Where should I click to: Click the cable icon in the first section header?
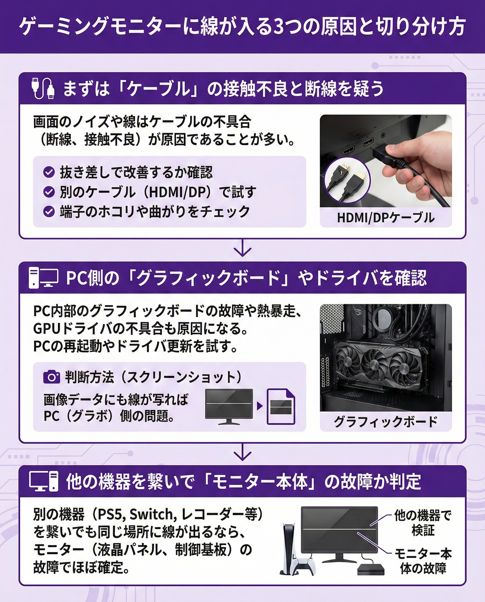tap(43, 88)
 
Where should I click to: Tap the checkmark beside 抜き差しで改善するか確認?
tap(49, 172)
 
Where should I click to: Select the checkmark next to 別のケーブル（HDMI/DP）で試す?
tap(49, 192)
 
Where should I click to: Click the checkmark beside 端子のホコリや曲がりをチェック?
tap(49, 211)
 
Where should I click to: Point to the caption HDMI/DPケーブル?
tap(385, 218)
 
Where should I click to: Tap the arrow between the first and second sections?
tap(242, 248)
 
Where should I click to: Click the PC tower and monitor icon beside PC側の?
tap(44, 278)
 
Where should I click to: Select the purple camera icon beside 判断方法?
tap(51, 377)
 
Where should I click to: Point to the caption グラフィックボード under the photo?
tap(385, 421)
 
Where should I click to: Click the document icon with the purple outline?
tap(281, 407)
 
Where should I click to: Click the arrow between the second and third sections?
tap(242, 452)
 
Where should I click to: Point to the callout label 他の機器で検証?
tap(423, 523)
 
